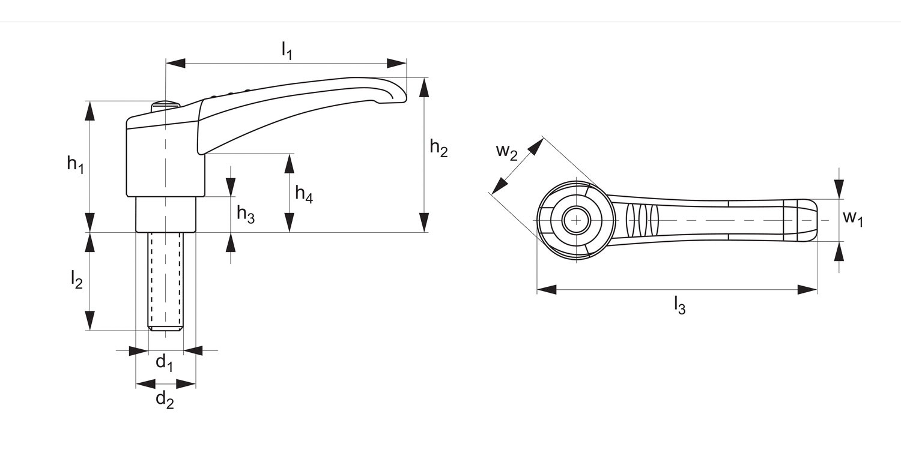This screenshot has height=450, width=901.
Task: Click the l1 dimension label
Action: click(287, 52)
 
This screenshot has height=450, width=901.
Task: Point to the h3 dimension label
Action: click(245, 214)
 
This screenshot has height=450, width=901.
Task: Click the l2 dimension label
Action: click(76, 280)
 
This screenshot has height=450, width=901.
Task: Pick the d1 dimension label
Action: click(164, 362)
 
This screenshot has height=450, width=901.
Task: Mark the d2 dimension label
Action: click(165, 399)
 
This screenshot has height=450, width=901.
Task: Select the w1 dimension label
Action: click(852, 218)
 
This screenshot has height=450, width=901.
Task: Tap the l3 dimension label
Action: click(679, 305)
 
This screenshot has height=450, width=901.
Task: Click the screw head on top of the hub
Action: click(165, 104)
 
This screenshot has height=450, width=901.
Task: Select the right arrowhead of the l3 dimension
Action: click(807, 290)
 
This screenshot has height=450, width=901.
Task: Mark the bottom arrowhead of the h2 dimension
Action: click(425, 222)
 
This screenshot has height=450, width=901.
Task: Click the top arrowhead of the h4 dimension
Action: click(290, 163)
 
